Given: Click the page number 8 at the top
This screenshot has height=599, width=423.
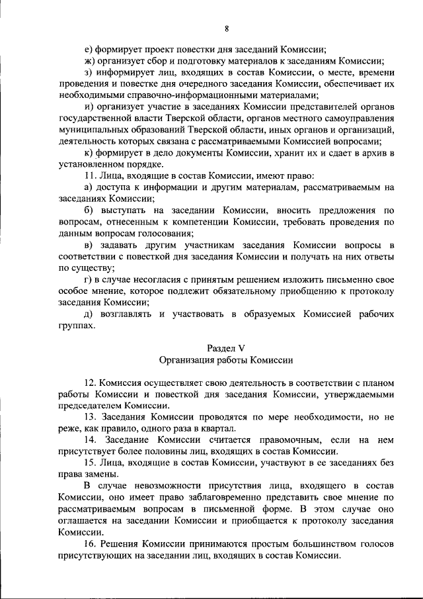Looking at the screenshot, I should click(x=226, y=28).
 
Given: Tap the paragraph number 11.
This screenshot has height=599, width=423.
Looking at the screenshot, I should click(x=91, y=177).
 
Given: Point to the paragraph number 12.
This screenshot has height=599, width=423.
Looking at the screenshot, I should click(x=91, y=383).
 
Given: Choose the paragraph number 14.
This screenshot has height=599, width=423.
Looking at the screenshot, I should click(x=91, y=439).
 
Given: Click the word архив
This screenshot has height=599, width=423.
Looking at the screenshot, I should click(x=369, y=154).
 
